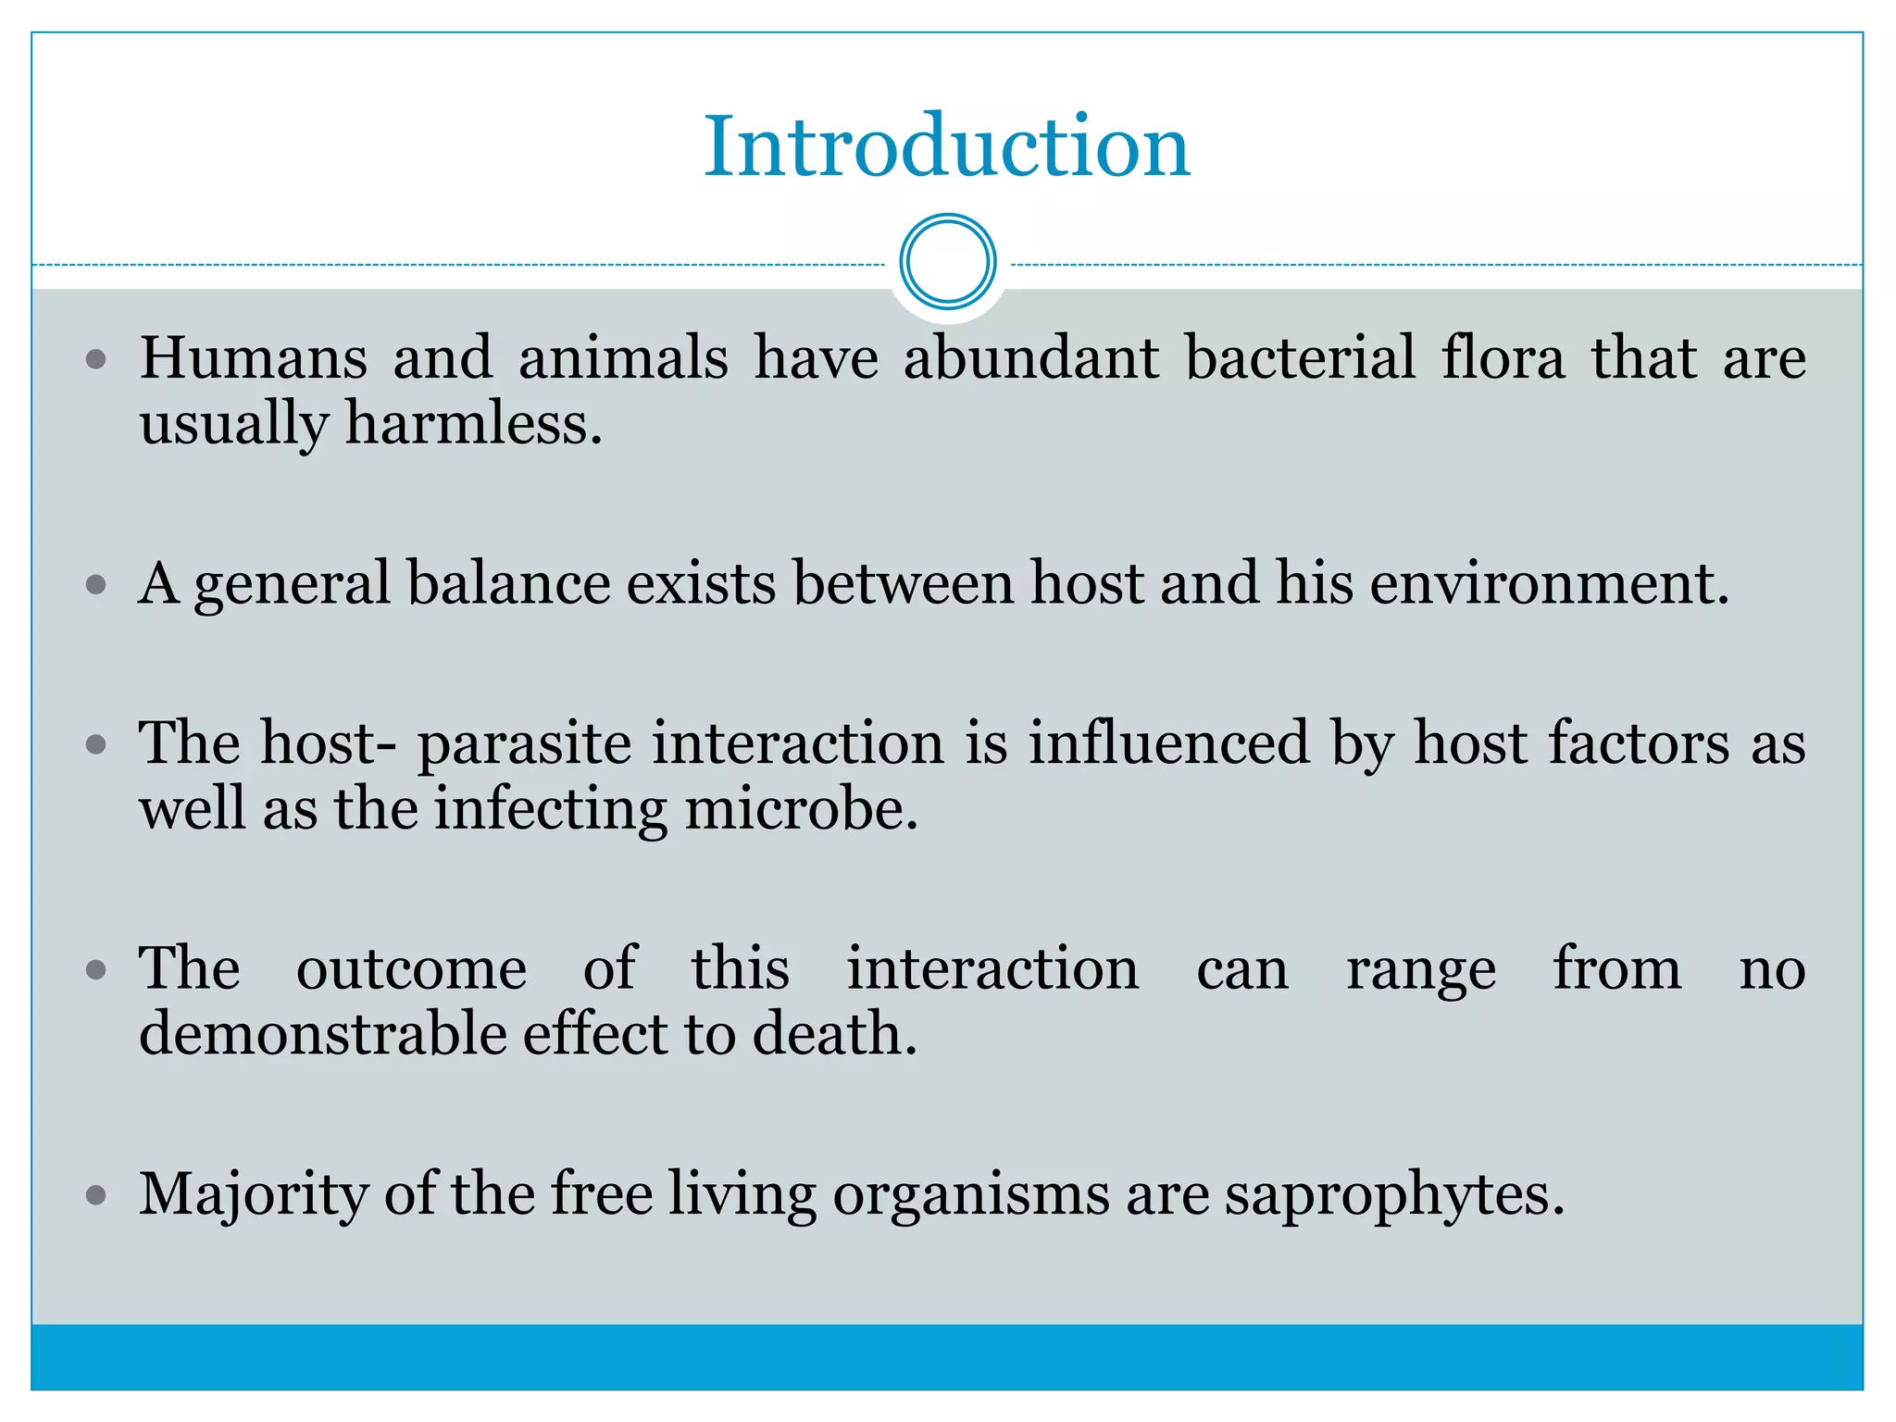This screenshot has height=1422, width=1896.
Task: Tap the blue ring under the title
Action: coord(947,262)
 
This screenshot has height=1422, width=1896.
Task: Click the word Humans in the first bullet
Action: coord(253,357)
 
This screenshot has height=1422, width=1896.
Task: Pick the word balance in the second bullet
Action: coord(508,583)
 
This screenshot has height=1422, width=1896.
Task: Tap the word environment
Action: coord(1548,583)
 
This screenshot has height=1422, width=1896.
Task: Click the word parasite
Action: coord(524,744)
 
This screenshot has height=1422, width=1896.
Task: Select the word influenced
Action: coord(1168,742)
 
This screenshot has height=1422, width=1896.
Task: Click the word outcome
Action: coord(411,969)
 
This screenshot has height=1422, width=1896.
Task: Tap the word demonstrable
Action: coord(322,1034)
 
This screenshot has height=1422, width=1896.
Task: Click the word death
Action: coord(833,1034)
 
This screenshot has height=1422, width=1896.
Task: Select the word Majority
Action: coord(254,1195)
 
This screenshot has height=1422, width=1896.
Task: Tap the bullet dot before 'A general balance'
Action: coord(96,585)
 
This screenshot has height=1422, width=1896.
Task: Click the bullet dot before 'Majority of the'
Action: coord(96,1195)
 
